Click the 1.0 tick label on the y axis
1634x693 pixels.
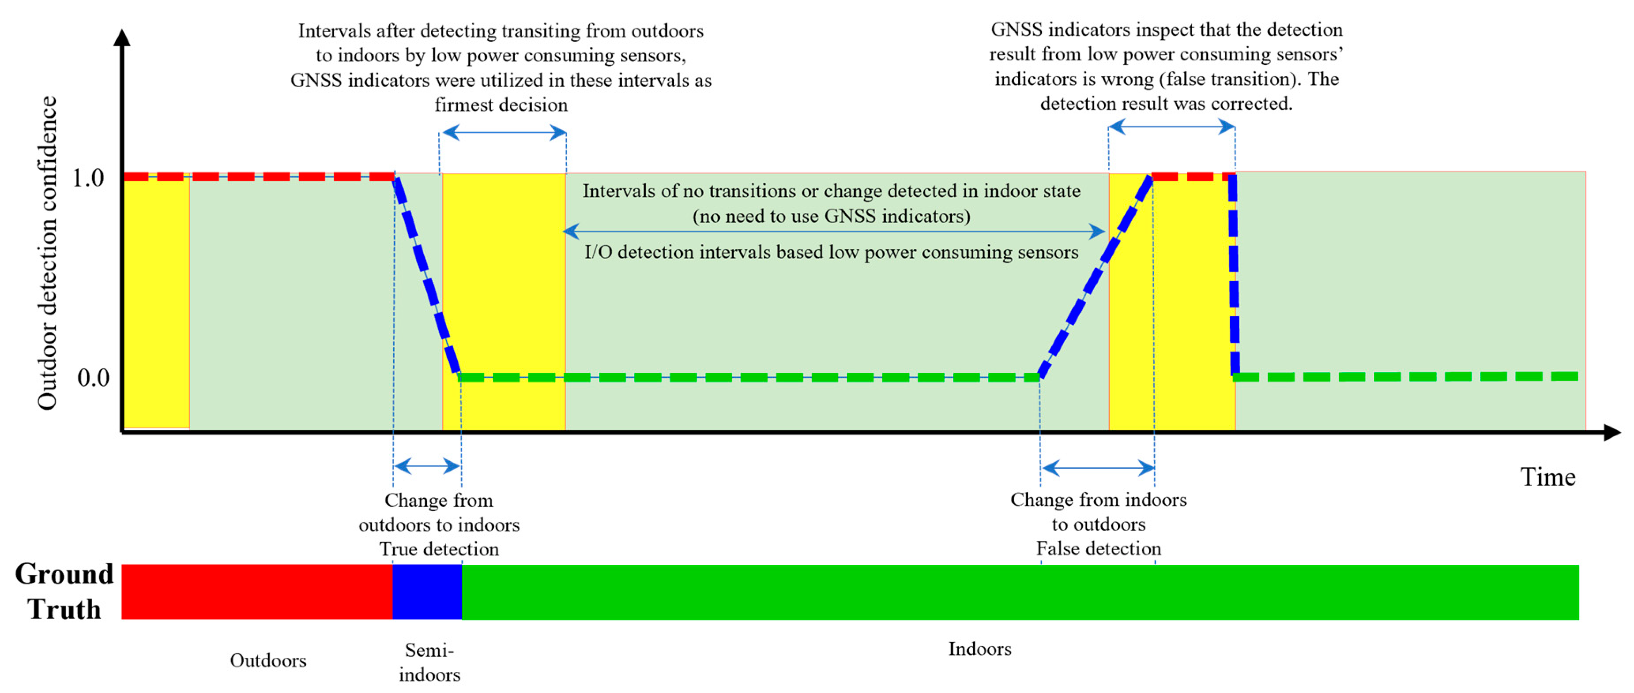(87, 178)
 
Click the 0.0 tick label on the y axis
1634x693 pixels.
(93, 378)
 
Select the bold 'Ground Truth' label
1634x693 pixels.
(64, 592)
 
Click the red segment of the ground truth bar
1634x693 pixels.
(257, 592)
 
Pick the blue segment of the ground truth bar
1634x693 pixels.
(427, 592)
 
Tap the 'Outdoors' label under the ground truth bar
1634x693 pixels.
(267, 661)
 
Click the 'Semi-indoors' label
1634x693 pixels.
(429, 662)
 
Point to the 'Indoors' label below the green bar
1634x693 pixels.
(979, 649)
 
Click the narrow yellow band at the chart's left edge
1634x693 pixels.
(156, 304)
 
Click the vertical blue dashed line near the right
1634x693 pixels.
(1234, 275)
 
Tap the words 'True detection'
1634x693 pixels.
(439, 549)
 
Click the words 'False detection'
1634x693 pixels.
(1098, 548)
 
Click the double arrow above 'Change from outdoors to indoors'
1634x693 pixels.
(427, 467)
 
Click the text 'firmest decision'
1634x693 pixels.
(501, 105)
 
